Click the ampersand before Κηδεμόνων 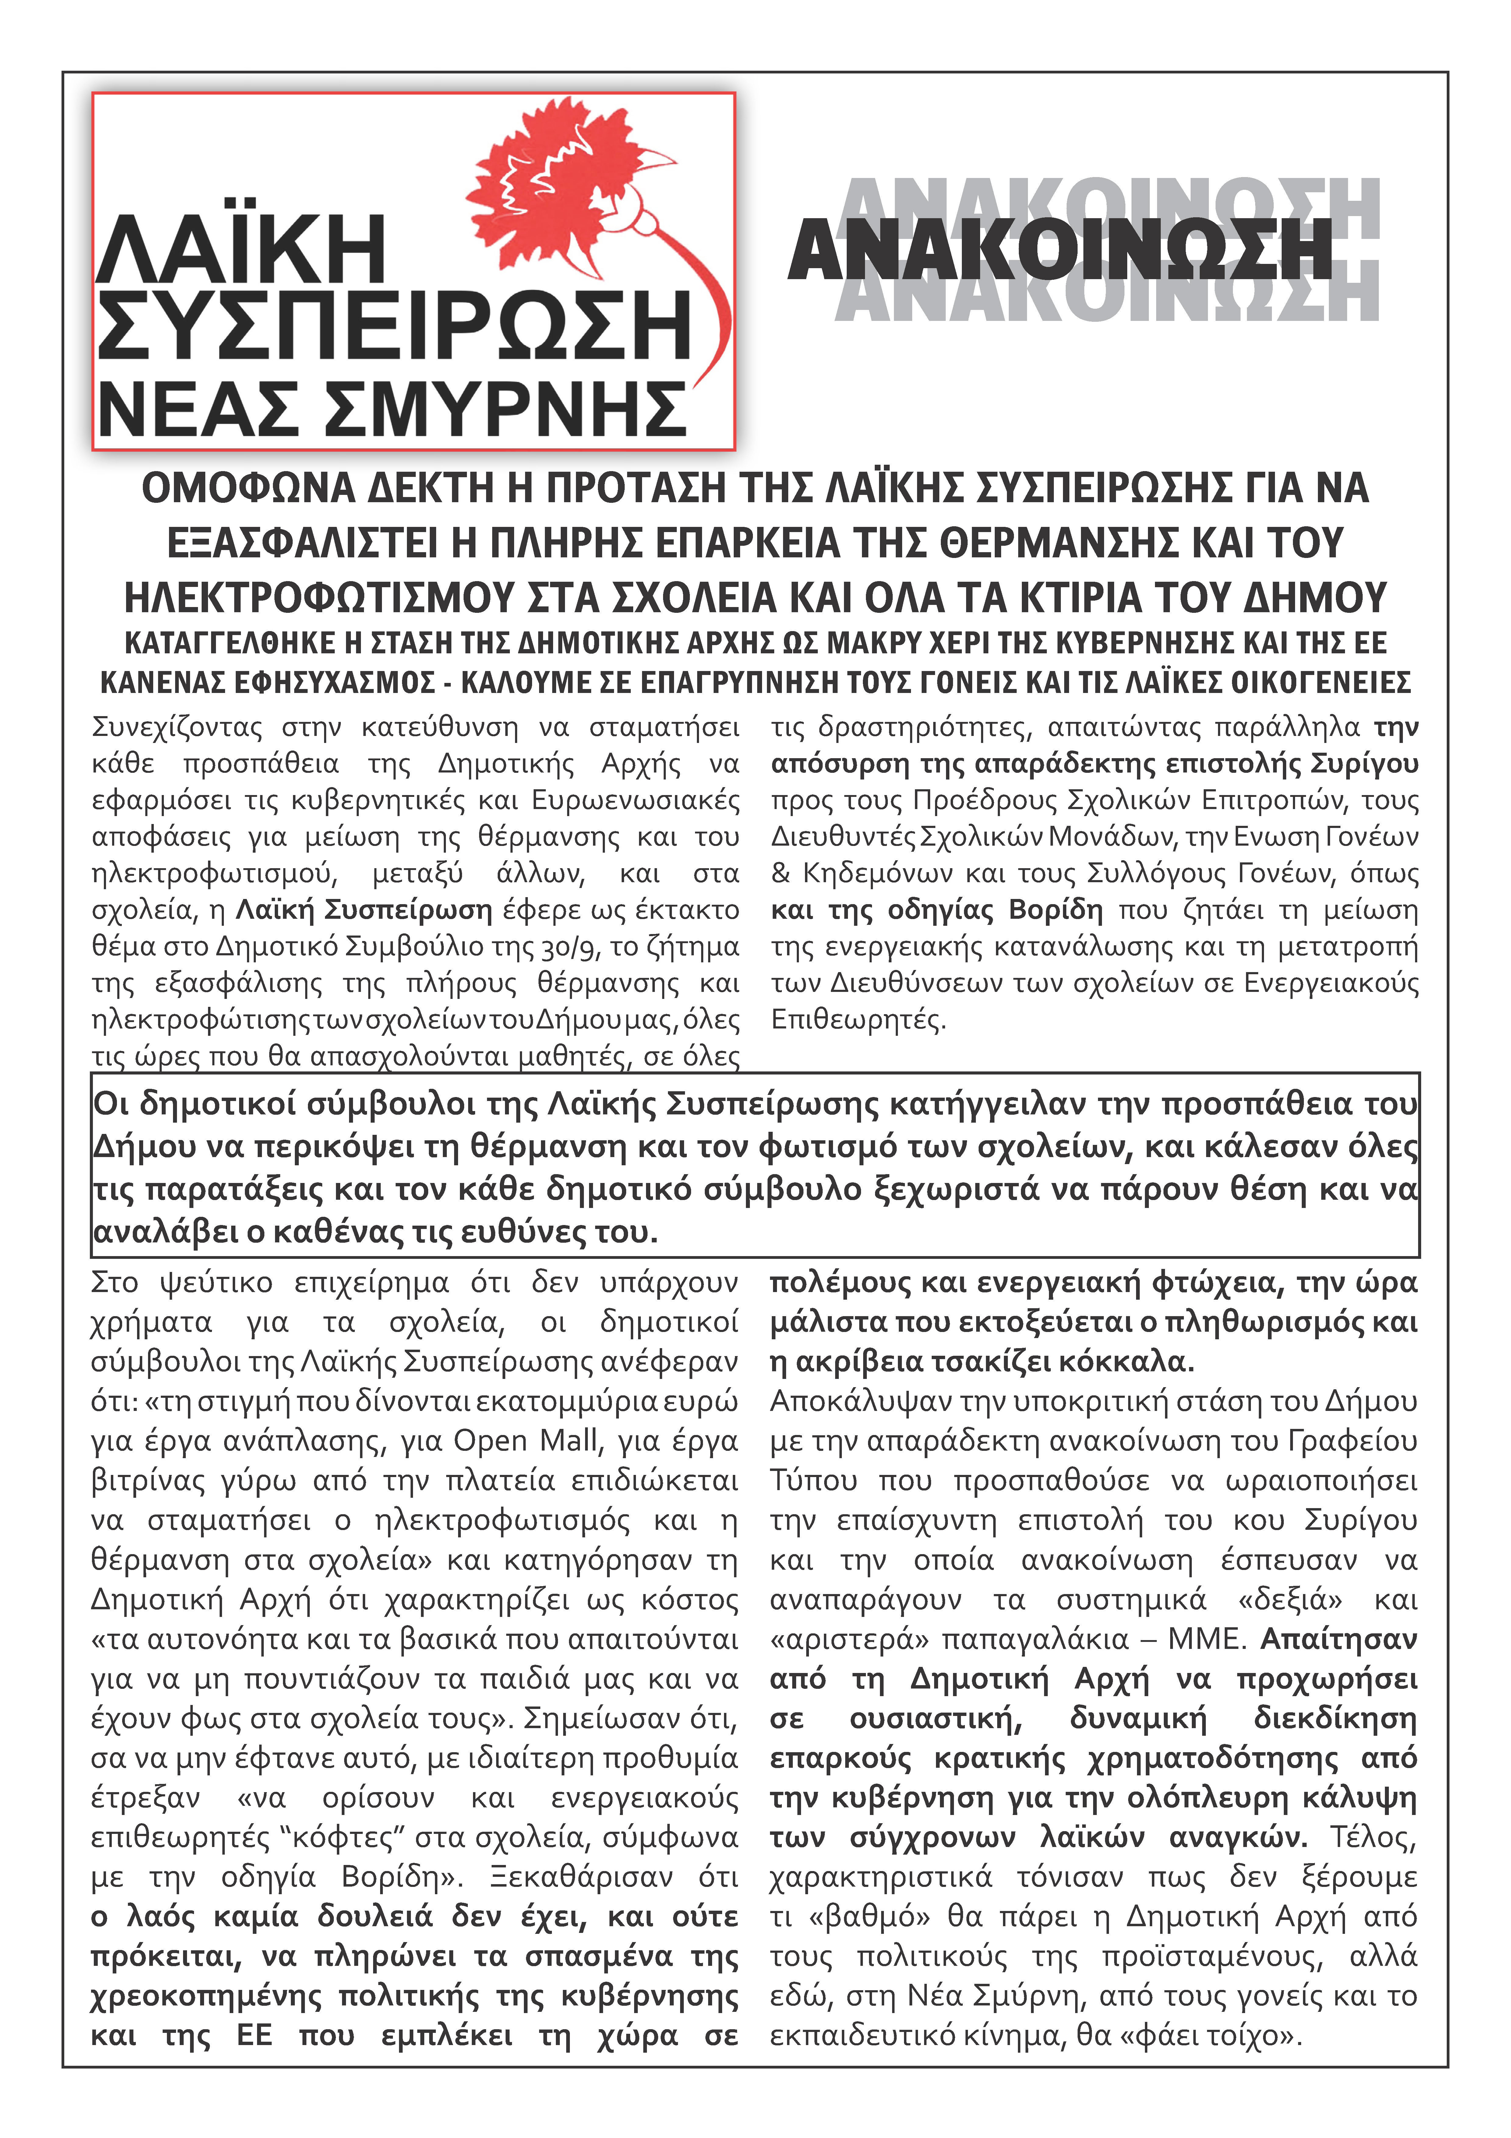click(780, 873)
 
